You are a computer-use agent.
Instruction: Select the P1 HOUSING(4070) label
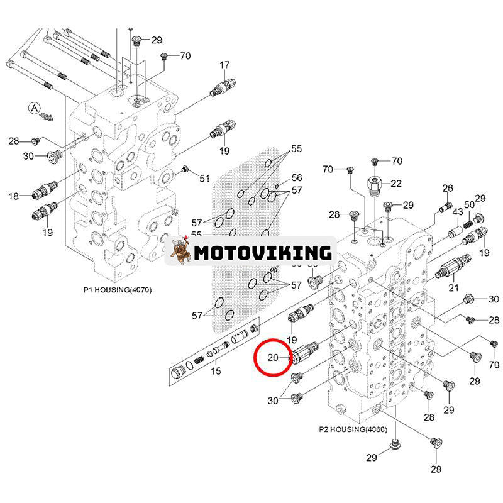click(118, 290)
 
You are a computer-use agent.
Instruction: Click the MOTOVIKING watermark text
click(262, 253)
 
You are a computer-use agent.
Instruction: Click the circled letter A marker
click(33, 108)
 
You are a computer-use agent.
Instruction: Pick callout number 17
click(224, 65)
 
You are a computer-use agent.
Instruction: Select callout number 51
click(204, 179)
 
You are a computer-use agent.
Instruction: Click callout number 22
click(395, 183)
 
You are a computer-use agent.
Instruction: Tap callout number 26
click(448, 188)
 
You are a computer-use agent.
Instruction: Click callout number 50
click(469, 206)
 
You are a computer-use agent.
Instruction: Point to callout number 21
click(453, 287)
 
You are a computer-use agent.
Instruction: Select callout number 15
click(216, 372)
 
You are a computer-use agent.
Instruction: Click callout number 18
click(14, 197)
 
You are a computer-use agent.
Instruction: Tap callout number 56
click(296, 178)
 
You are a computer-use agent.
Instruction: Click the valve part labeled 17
click(224, 87)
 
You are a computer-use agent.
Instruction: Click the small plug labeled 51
click(185, 170)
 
